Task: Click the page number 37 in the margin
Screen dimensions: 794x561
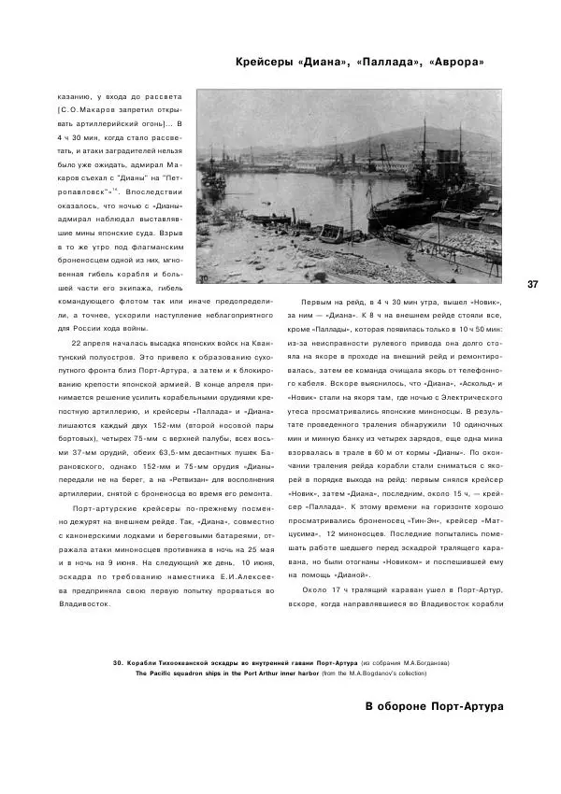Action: coord(533,284)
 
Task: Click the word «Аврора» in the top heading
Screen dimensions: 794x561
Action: coord(455,64)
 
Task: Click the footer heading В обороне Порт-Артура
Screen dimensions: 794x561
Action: coord(434,705)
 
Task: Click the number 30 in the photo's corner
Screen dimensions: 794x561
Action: coord(203,276)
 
